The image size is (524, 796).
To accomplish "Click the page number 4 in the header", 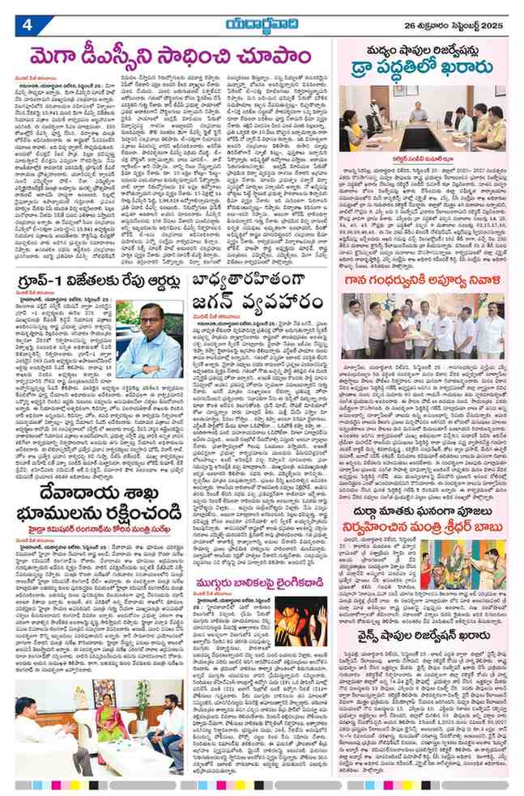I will [x=26, y=23].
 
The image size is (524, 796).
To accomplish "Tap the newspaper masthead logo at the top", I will [x=262, y=23].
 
